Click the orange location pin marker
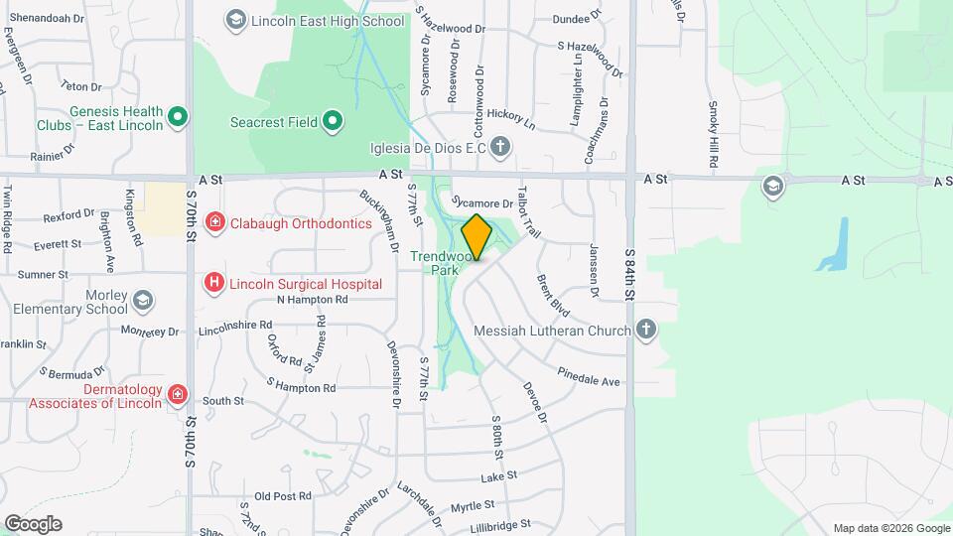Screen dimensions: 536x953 point(476,237)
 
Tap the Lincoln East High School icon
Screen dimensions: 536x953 point(235,19)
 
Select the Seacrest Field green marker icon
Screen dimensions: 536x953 point(334,122)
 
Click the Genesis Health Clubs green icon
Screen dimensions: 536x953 point(178,118)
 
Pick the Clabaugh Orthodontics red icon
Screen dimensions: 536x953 point(213,222)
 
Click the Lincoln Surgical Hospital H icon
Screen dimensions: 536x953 point(213,284)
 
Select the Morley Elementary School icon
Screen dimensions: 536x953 point(143,300)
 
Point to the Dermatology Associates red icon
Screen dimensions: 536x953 point(178,395)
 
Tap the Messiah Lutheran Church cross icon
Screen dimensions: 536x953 point(646,330)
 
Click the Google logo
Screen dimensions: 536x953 point(33,524)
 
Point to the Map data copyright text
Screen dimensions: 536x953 point(889,528)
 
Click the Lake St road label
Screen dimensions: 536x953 point(500,476)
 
